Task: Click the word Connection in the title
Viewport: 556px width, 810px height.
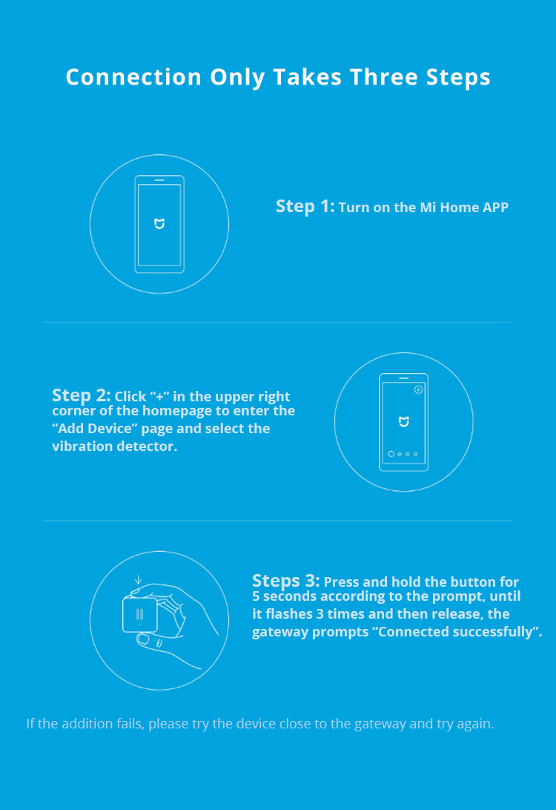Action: pos(133,77)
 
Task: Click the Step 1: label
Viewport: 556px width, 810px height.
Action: pos(305,206)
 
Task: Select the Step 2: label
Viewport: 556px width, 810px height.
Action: pos(81,395)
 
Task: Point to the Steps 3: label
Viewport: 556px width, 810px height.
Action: pos(285,581)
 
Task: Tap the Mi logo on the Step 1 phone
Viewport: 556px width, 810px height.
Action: pos(159,224)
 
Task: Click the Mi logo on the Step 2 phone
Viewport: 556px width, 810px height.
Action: pos(404,421)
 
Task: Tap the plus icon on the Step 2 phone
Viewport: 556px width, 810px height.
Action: pos(419,389)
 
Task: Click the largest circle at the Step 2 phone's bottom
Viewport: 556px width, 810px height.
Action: pos(391,454)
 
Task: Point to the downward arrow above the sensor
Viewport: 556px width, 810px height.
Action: pos(138,579)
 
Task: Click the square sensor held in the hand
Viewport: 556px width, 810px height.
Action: pos(140,613)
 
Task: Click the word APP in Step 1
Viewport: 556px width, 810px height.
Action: pos(496,207)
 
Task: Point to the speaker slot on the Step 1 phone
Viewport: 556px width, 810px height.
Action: pos(159,180)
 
